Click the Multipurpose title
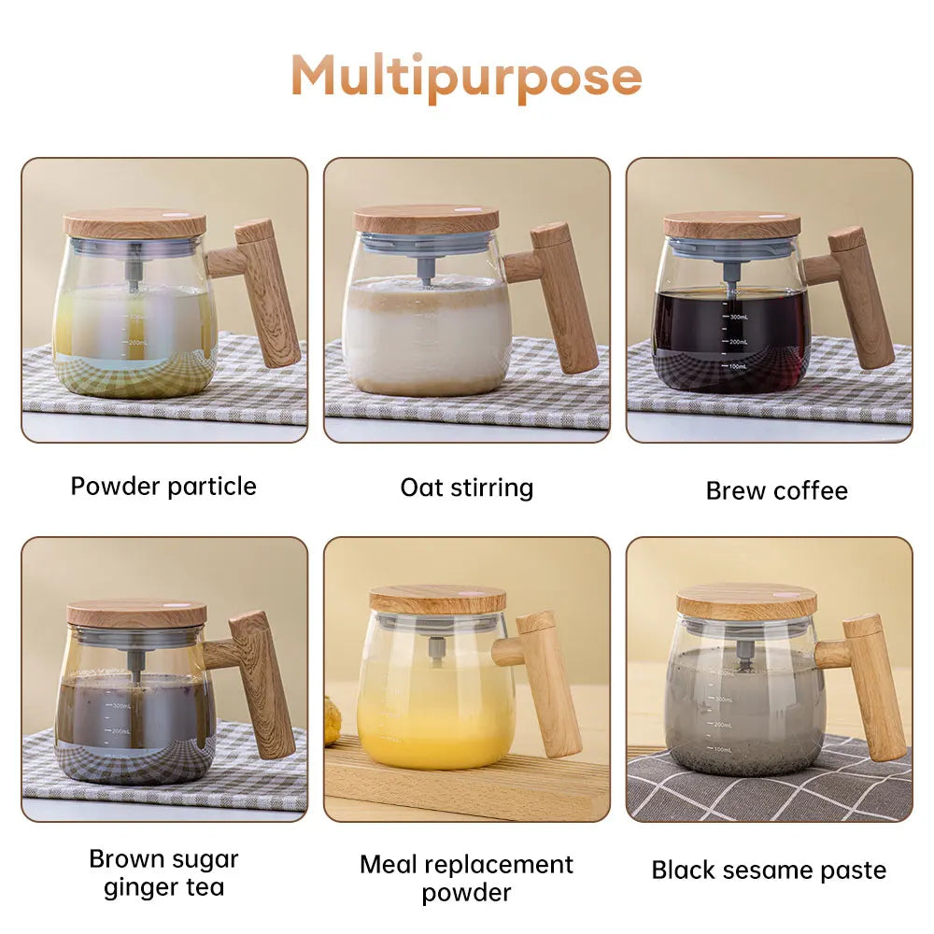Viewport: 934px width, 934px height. click(466, 76)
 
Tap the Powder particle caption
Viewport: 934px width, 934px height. click(163, 487)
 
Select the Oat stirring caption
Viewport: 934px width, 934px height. click(466, 488)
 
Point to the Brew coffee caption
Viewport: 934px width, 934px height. click(776, 491)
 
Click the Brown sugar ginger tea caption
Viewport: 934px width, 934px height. click(163, 872)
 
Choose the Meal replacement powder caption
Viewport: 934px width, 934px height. click(466, 878)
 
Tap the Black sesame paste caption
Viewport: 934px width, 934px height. click(769, 870)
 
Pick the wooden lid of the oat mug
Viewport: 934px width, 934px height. click(426, 219)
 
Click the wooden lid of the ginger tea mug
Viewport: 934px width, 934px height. click(136, 614)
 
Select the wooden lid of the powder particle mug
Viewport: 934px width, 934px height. click(134, 224)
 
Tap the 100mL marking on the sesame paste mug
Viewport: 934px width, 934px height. click(721, 749)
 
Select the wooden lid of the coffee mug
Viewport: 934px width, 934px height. click(731, 225)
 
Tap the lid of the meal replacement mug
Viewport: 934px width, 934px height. click(437, 600)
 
